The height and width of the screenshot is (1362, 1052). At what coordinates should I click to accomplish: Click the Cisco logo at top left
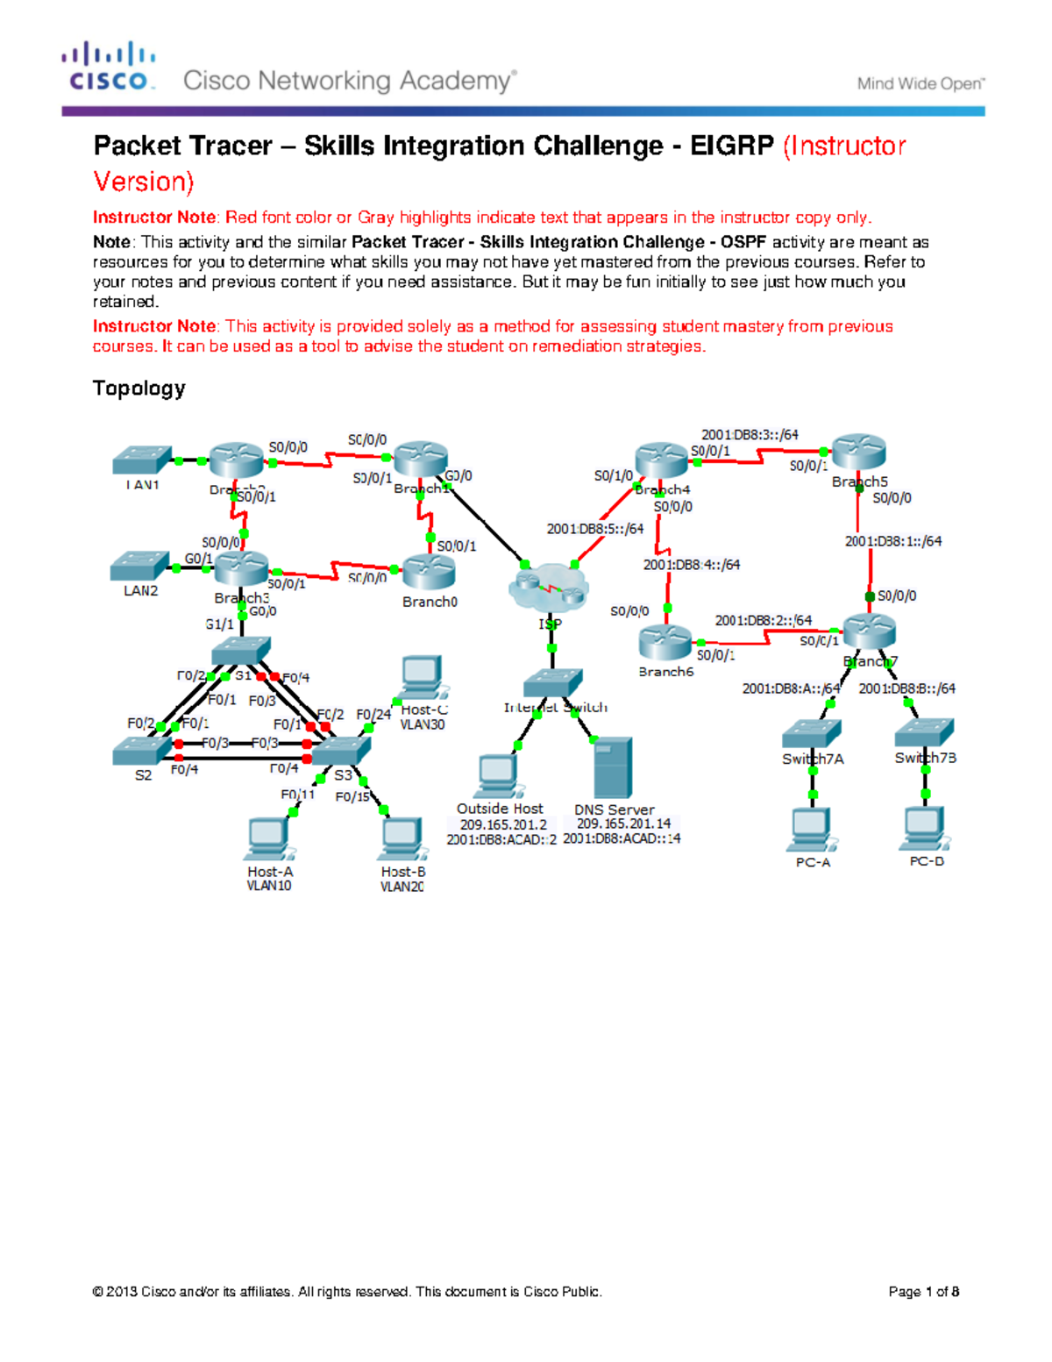(109, 67)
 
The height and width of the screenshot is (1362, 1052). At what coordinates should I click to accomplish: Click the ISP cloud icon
(548, 588)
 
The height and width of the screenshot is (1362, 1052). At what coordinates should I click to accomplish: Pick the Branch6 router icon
(665, 643)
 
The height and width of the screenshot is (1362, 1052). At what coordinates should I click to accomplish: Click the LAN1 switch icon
(142, 460)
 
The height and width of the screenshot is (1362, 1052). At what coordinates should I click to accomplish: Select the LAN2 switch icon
(140, 567)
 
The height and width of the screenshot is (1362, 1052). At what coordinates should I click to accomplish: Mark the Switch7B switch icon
(925, 732)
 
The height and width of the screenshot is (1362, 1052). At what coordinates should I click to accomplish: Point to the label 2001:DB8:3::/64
(750, 434)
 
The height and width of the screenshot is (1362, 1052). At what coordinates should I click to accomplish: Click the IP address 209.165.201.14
(623, 824)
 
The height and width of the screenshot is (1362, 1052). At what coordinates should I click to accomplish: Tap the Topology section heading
(139, 389)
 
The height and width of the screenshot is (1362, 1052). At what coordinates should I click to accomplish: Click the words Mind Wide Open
(920, 84)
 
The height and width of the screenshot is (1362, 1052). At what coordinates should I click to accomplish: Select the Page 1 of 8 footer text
(923, 1291)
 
